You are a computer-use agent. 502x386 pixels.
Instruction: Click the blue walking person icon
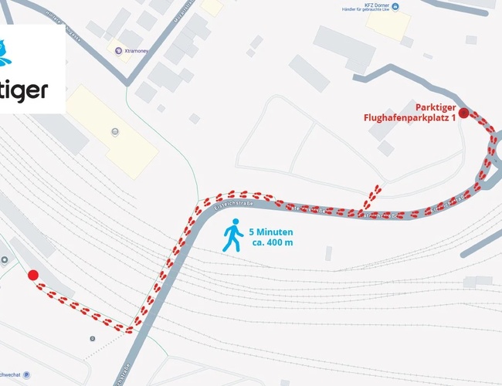[232, 236]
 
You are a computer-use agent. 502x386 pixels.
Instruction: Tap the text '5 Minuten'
[271, 231]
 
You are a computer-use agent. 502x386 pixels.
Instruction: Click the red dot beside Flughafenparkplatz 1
[463, 113]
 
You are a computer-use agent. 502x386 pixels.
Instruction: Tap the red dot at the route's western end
[32, 275]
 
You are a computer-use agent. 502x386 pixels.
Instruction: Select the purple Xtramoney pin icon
[117, 52]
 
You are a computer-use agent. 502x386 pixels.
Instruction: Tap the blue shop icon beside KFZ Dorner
[395, 7]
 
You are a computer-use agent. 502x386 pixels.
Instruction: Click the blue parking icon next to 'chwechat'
[27, 377]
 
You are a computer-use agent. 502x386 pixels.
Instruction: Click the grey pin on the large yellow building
[115, 131]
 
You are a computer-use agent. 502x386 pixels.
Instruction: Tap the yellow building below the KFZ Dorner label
[388, 25]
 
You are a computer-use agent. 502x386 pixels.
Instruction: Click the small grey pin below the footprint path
[93, 338]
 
